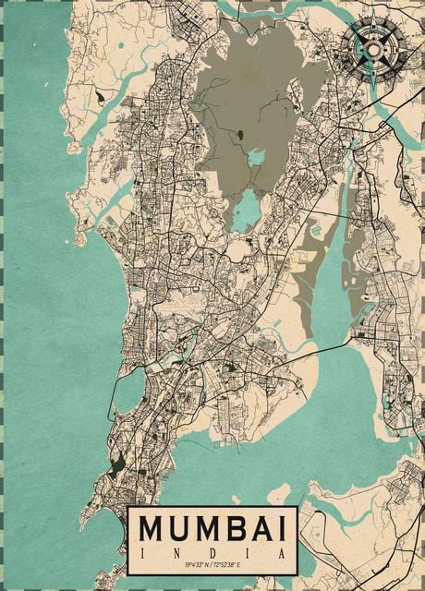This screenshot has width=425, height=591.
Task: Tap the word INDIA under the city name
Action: [x=212, y=551]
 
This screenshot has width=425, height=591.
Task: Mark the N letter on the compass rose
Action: [x=373, y=18]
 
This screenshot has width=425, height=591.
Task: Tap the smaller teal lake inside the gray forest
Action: [x=256, y=157]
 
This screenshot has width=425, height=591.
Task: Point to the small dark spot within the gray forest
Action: [x=239, y=135]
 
